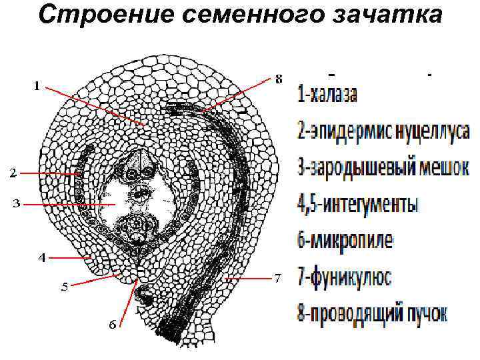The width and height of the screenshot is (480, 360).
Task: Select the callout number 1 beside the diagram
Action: (37, 85)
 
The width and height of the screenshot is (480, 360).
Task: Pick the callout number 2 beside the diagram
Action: (13, 173)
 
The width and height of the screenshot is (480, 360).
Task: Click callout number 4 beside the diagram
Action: (41, 258)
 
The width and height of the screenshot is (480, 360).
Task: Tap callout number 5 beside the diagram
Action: (64, 287)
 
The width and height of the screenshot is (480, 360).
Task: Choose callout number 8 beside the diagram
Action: (279, 79)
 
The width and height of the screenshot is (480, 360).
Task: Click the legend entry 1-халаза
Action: (327, 95)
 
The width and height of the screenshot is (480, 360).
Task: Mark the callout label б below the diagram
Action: (113, 324)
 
